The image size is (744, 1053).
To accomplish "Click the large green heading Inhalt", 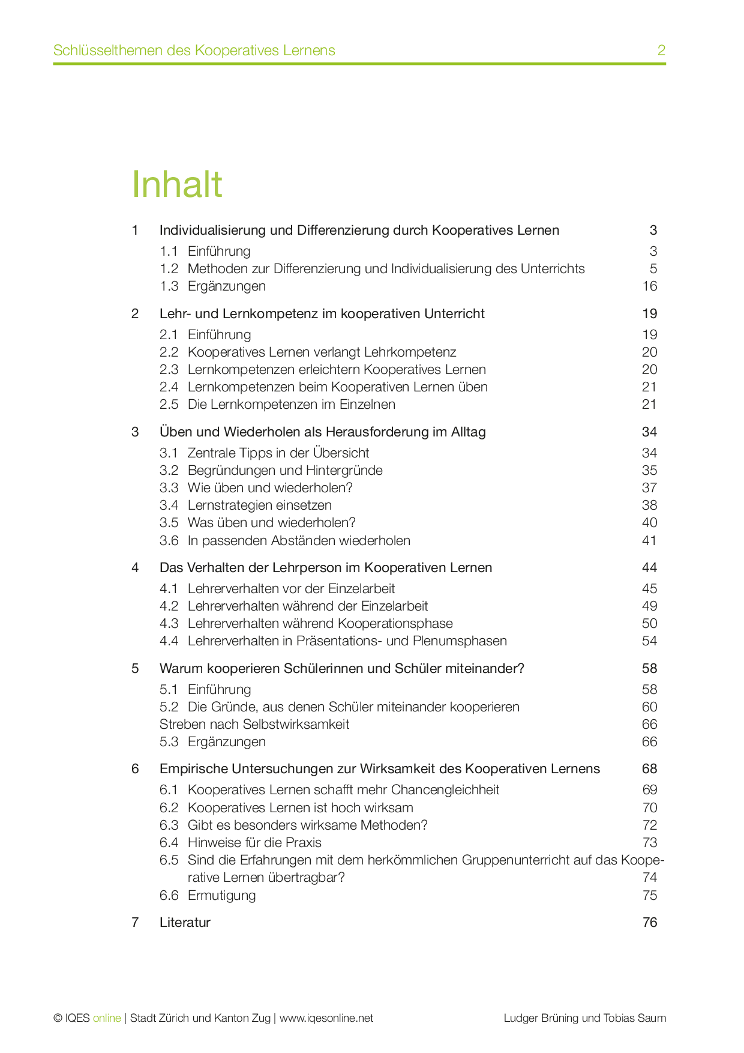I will tap(177, 184).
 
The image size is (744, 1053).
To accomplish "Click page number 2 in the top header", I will tap(661, 50).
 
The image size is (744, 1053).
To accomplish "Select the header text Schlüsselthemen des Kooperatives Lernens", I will tap(194, 50).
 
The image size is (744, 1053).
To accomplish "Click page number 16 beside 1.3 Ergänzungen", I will tap(650, 286).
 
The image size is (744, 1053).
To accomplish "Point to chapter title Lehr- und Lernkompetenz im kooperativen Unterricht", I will tap(322, 314).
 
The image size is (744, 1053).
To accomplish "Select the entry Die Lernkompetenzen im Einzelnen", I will tap(291, 405).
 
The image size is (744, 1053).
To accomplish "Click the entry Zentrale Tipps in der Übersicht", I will tap(278, 453).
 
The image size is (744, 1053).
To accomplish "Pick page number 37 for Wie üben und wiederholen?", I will tap(649, 488).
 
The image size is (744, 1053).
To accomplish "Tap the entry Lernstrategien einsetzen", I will tap(259, 505).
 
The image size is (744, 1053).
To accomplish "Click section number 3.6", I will tap(169, 541).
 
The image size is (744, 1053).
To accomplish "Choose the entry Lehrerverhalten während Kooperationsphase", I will tap(320, 624).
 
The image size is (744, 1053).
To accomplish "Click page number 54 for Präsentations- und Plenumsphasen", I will tap(649, 641).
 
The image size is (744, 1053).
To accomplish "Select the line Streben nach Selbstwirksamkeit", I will tap(254, 725).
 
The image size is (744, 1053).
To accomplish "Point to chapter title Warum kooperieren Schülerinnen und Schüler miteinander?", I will tap(341, 669).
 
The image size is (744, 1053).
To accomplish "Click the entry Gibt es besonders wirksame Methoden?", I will tap(307, 825).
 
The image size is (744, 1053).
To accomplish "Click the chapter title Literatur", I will tap(185, 923).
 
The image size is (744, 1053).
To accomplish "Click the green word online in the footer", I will tap(107, 1018).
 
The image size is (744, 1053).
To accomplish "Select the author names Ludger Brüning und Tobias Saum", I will tap(584, 1018).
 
